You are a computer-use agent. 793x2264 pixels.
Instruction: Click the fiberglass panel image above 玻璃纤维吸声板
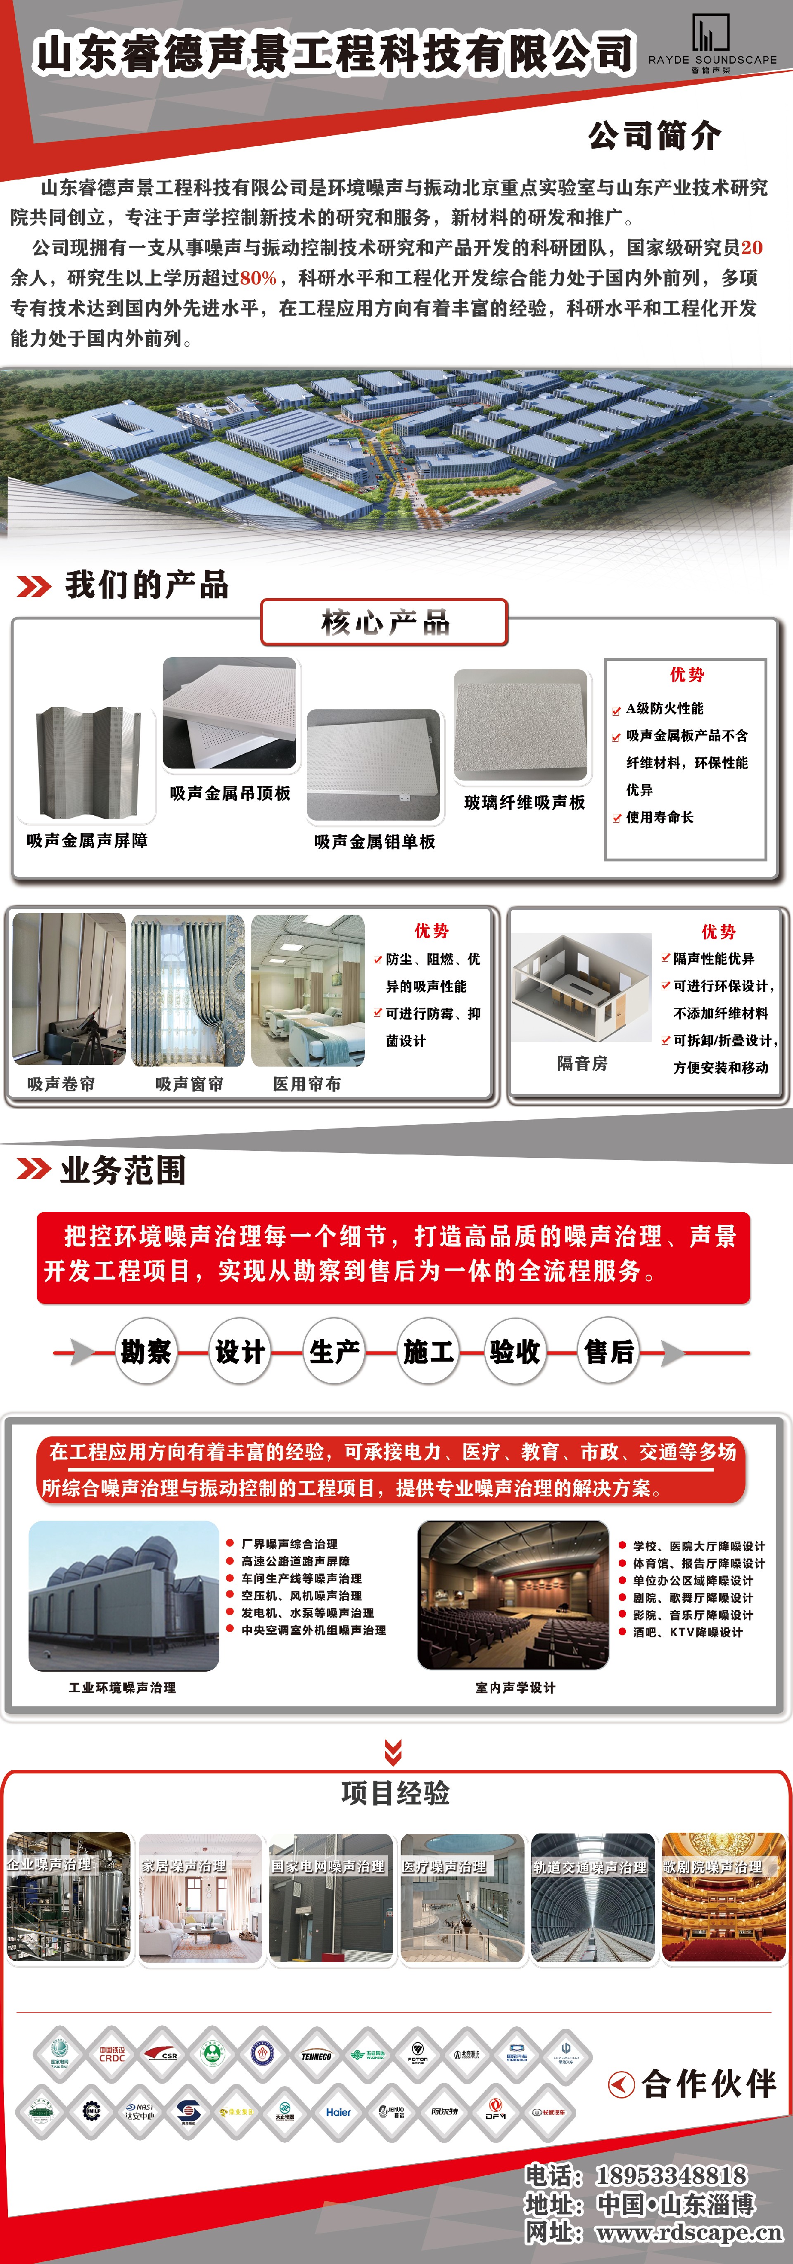click(x=520, y=725)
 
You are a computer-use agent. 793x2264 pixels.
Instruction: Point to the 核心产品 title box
click(x=384, y=622)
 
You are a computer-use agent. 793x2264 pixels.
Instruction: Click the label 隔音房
click(x=582, y=1063)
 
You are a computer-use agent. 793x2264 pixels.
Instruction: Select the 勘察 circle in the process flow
click(x=146, y=1352)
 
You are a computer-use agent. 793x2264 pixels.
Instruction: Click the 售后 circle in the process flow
click(x=608, y=1352)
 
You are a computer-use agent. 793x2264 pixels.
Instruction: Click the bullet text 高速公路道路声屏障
click(x=295, y=1561)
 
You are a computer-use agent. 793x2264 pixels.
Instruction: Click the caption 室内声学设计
click(x=515, y=1687)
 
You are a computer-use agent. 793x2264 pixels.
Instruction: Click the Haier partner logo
click(x=339, y=2112)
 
